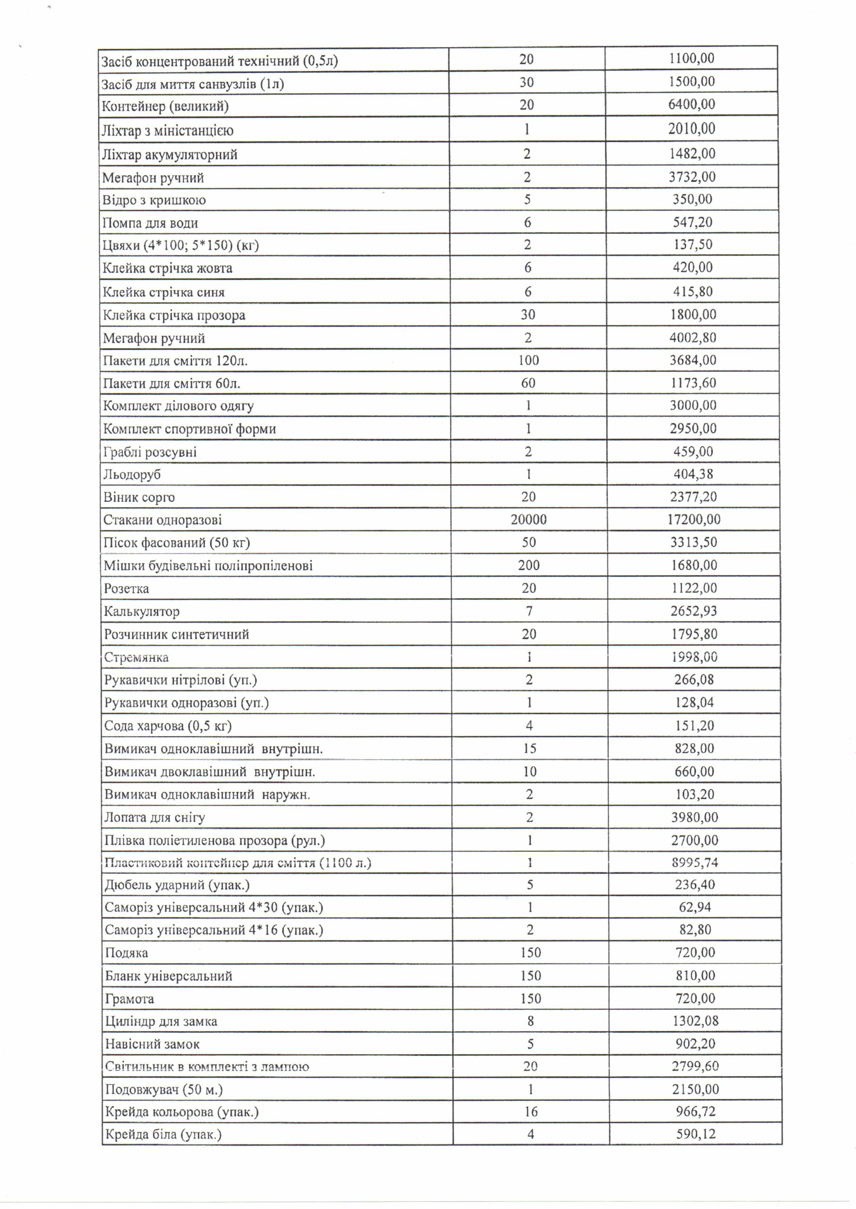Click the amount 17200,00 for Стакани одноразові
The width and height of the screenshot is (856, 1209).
click(693, 520)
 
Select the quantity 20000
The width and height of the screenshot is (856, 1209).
click(528, 520)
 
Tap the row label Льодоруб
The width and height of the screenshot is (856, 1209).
click(132, 475)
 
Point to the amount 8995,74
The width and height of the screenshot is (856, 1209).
click(695, 863)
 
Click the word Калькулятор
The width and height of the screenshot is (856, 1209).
click(142, 612)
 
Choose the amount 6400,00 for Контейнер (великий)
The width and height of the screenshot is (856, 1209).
click(692, 104)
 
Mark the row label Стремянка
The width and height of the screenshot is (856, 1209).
click(137, 657)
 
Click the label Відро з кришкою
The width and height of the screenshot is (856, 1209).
click(154, 200)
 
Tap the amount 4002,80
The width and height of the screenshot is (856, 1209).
click(693, 338)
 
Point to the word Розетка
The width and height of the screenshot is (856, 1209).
click(127, 588)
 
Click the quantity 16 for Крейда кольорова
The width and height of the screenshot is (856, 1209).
click(531, 1112)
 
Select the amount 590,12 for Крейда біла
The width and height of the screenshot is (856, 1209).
click(696, 1134)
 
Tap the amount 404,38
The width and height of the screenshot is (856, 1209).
click(693, 474)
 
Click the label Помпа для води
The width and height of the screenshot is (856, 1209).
click(150, 223)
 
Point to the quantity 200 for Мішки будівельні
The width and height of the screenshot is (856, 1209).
click(529, 565)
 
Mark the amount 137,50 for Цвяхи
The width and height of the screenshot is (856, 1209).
click(693, 245)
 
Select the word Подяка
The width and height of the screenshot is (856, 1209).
click(127, 953)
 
